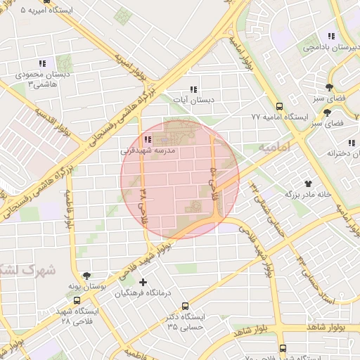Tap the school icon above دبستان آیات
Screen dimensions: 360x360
[193, 89]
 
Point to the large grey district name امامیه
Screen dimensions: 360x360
[275, 148]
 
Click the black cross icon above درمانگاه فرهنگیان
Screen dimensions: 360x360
[143, 282]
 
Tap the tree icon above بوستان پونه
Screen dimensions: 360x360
[86, 276]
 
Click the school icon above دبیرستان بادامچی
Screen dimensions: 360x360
[330, 36]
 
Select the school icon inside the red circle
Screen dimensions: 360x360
[147, 139]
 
